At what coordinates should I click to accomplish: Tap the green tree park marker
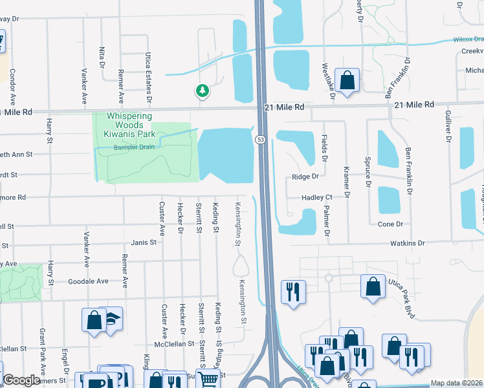coord(203,91)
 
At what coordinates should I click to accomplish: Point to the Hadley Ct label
coord(316,197)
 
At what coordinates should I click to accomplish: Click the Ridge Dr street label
coord(305,177)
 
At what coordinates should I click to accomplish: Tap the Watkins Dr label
coord(407,243)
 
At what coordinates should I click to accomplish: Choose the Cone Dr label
coord(390,224)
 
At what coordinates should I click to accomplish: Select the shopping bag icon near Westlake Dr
coord(347,81)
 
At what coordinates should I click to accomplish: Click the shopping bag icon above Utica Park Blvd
coord(373,287)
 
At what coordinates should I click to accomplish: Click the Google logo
coord(21,381)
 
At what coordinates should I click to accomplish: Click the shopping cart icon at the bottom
coord(207,381)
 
